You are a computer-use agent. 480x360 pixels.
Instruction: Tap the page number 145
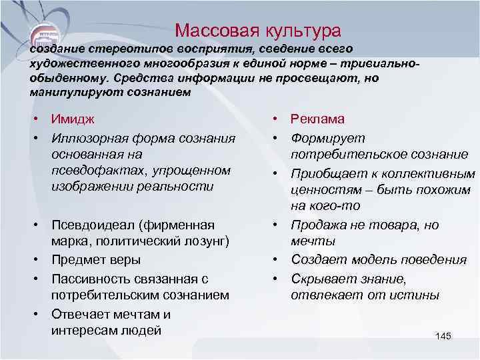[x=443, y=335]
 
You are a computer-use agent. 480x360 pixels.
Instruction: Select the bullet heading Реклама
[x=317, y=119]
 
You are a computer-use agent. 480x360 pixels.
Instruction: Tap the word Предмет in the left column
[x=76, y=259]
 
